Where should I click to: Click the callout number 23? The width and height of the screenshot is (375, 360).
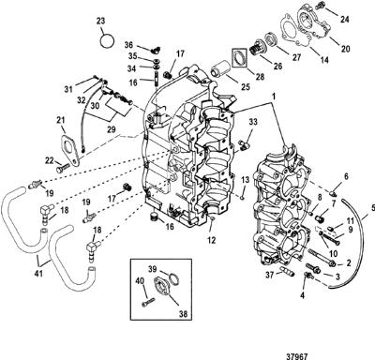tap(100, 22)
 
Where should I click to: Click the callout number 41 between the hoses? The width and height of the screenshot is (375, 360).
tap(39, 273)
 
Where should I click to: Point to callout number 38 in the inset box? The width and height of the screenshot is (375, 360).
tap(184, 314)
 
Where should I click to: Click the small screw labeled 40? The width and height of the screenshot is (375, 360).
tap(148, 303)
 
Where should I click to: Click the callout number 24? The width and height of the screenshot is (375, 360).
tap(345, 19)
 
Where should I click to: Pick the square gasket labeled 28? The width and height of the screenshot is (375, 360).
tap(240, 58)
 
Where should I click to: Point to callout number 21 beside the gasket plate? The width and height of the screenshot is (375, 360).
tap(61, 120)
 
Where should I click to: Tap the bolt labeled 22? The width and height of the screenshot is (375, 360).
tap(63, 168)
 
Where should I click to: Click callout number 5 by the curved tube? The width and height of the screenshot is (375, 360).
tap(371, 207)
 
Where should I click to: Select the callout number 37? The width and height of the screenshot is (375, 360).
tap(270, 275)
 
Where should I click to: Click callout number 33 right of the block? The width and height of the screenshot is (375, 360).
tap(253, 122)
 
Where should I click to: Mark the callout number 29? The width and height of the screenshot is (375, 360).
tap(111, 128)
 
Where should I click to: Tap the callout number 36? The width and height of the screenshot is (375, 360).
tap(128, 45)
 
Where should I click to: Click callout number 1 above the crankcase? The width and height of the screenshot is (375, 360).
tap(274, 97)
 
